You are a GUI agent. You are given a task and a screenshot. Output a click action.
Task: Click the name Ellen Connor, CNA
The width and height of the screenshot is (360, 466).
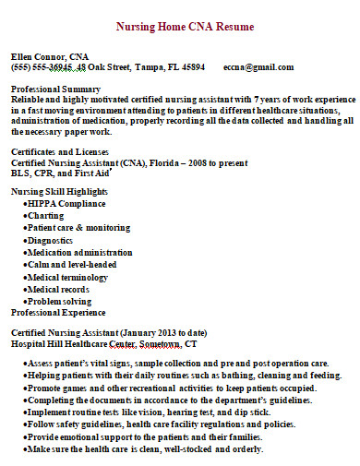50,56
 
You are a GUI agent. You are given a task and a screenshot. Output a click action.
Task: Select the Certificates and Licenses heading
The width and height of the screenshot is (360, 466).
60,150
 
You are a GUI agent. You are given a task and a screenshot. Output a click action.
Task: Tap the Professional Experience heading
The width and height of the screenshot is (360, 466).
60,313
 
